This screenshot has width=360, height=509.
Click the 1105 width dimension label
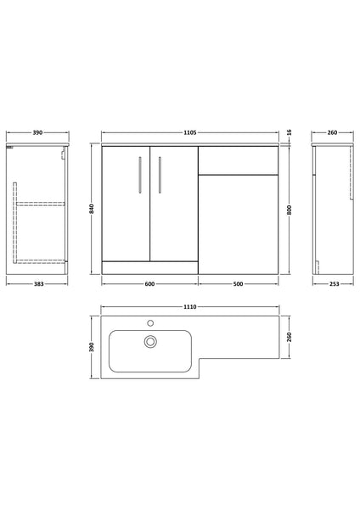click(x=191, y=132)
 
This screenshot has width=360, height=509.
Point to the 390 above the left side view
click(x=37, y=132)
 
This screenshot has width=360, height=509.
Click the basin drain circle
click(x=149, y=342)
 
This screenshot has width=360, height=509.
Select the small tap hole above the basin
click(x=149, y=322)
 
